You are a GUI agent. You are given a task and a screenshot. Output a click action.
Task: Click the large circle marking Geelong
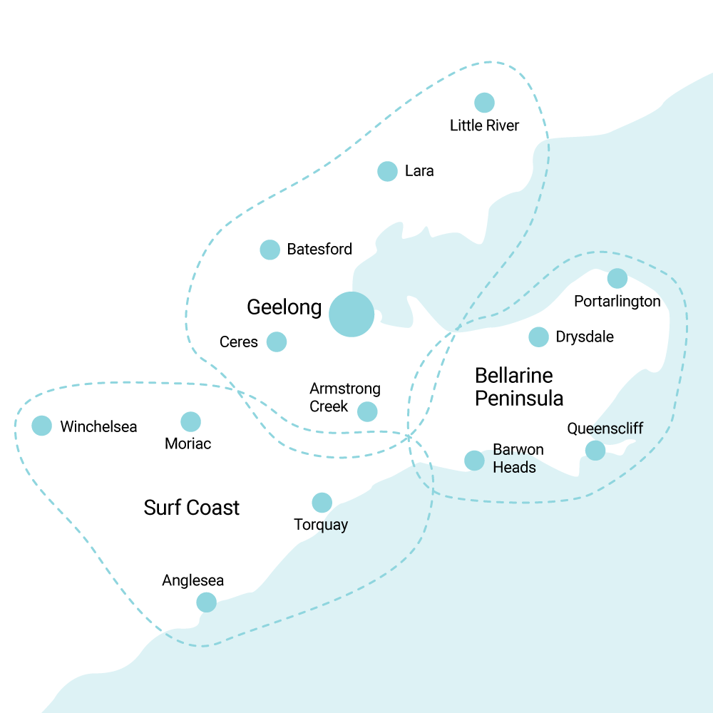point(352,314)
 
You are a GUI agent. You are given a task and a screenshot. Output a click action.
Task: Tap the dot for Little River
point(484,103)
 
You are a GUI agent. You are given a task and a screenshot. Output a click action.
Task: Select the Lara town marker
point(387,171)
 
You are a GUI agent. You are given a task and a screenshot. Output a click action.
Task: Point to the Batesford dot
point(270,250)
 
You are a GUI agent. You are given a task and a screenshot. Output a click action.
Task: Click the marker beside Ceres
point(277,342)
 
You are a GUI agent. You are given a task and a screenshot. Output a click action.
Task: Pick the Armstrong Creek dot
point(367,411)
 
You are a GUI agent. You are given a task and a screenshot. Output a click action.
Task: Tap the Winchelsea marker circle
point(42,426)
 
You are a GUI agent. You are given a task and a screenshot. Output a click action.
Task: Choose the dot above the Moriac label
point(190,421)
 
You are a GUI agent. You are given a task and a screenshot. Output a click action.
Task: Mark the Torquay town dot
point(322,503)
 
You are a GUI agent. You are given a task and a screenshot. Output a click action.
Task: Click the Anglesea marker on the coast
point(206,602)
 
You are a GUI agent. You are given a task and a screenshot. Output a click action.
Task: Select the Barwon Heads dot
point(474,461)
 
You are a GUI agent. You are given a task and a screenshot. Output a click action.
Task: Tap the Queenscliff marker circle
point(595,451)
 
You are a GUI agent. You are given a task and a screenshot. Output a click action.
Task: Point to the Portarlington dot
point(617,278)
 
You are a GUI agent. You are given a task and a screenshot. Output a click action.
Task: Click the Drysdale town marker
point(538,337)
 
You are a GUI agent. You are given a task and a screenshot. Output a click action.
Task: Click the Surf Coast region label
point(192,508)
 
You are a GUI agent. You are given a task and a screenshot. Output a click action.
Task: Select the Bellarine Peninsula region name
point(519,386)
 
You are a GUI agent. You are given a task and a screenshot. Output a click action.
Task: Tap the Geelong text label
point(284,307)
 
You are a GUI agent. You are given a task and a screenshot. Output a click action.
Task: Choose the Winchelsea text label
point(98,427)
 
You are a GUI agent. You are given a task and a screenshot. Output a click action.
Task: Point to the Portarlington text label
point(617,302)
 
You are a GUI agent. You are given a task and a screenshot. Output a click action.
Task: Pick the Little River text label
point(484,126)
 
